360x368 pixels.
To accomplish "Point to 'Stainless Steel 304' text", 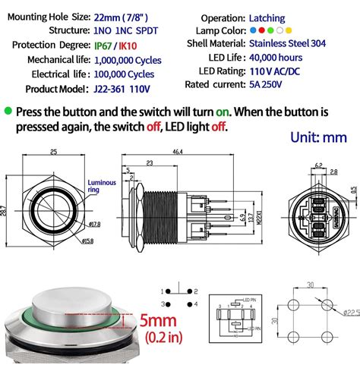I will tap(292, 44).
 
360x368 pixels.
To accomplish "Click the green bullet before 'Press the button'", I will tap(8, 111).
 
